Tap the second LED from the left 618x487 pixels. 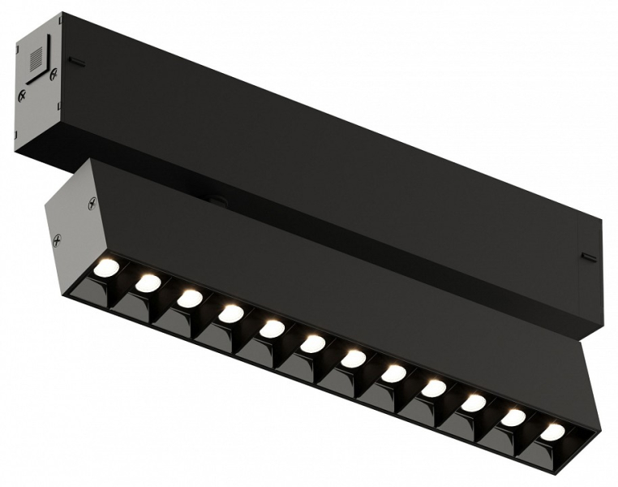pos(148,283)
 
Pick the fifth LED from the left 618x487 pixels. pos(271,329)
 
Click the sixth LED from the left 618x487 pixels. pos(312,344)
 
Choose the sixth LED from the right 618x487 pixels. pos(353,359)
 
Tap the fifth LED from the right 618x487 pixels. pos(393,373)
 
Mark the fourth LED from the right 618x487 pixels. pos(433,389)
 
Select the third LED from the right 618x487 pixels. pos(473,403)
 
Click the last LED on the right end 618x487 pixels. pos(552,433)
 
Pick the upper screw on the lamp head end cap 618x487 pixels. pos(92,205)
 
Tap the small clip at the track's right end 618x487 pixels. pos(589,258)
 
